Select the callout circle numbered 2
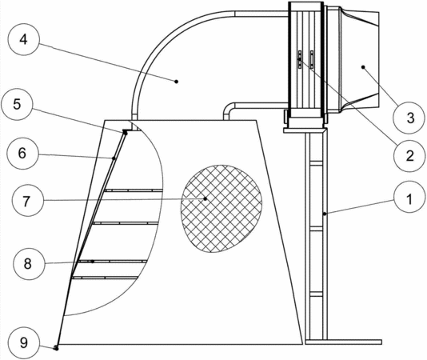409,156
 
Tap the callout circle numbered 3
409,118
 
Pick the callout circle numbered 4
24,39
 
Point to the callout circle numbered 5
17,104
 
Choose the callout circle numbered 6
22,154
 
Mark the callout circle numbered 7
27,200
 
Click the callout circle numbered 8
29,264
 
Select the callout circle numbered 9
24,343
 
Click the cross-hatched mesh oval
221,209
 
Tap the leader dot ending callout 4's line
177,82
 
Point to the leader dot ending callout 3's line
363,67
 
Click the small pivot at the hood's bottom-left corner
56,348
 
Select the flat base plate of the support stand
343,342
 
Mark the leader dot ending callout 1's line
325,214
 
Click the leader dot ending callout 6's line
114,158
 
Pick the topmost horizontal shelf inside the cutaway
134,190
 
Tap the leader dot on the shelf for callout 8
93,262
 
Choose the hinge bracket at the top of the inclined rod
126,132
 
